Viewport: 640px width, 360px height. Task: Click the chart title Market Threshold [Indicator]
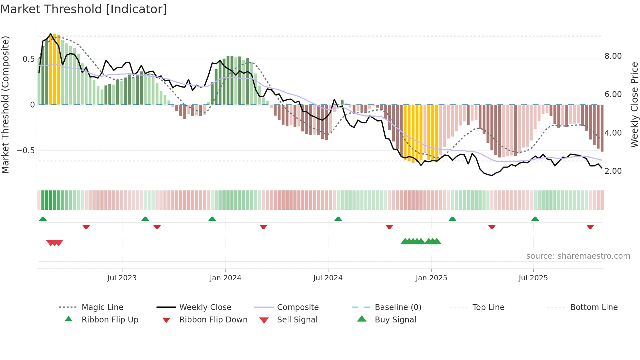point(84,9)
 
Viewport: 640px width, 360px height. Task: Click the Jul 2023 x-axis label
point(122,278)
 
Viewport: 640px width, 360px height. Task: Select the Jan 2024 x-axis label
point(225,278)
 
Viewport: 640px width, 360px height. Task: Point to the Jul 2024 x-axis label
point(328,278)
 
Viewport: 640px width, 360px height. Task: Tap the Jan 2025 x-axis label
point(431,278)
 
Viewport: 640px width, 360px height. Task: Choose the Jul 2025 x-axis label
point(533,278)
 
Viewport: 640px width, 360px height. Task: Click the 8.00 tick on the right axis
point(613,56)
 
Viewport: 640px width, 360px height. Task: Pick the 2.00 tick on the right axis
point(613,171)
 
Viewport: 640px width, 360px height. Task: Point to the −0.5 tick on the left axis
point(25,151)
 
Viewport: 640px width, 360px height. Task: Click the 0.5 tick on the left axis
point(28,59)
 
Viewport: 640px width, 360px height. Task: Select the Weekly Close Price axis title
point(634,105)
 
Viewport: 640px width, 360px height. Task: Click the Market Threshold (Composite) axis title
point(6,105)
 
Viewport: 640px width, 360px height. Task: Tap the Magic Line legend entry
point(102,307)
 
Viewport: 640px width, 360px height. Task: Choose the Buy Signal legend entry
point(395,320)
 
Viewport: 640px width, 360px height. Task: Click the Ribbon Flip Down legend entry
point(213,320)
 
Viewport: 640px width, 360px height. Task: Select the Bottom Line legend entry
point(594,307)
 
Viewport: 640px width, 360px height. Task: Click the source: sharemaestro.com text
point(578,256)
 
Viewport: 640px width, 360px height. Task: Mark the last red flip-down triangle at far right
point(590,227)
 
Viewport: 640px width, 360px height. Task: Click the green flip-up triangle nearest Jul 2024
point(338,219)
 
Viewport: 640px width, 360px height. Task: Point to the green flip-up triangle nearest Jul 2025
point(535,219)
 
